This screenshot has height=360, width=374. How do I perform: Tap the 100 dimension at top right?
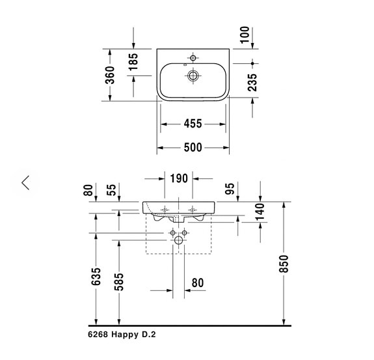coord(245,35)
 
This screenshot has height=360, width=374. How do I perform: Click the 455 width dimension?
coord(193,124)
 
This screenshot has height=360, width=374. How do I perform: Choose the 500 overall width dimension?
coord(193,148)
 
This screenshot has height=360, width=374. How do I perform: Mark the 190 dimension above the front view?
coord(179,178)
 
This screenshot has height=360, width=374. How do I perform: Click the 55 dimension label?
coord(112,190)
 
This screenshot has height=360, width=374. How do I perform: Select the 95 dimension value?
coord(229,189)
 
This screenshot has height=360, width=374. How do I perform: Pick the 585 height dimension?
coord(120,280)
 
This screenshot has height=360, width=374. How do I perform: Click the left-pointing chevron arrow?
coord(25,183)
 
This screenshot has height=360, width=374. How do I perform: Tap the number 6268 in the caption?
coord(98,335)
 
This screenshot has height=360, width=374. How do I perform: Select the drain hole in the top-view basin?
coord(193,76)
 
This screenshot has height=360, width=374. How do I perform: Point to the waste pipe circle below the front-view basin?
coord(179,241)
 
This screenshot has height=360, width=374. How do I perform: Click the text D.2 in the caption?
coord(149,335)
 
